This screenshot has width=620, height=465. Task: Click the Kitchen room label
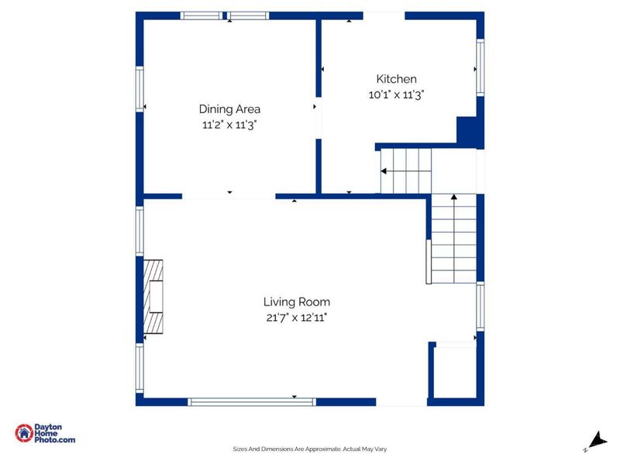396,79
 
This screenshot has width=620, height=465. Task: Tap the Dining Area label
229,109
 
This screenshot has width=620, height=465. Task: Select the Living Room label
297,302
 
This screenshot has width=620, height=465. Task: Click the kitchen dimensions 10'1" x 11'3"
396,95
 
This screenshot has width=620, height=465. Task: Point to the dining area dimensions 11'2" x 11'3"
229,125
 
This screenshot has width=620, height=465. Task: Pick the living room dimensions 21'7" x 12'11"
297,318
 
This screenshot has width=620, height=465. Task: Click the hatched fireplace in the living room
153,297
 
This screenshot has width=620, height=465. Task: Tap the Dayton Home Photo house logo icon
24,433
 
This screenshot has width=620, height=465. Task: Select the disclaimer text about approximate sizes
309,449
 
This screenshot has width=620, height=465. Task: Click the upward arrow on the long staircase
454,237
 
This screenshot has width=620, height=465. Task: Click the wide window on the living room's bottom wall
252,402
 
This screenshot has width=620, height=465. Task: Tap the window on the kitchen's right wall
480,67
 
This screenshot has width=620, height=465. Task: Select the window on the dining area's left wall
139,89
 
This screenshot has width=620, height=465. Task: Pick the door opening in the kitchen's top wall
384,15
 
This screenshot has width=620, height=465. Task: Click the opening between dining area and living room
229,196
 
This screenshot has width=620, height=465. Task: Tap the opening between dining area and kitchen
319,118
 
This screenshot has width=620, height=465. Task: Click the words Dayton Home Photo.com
54,433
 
